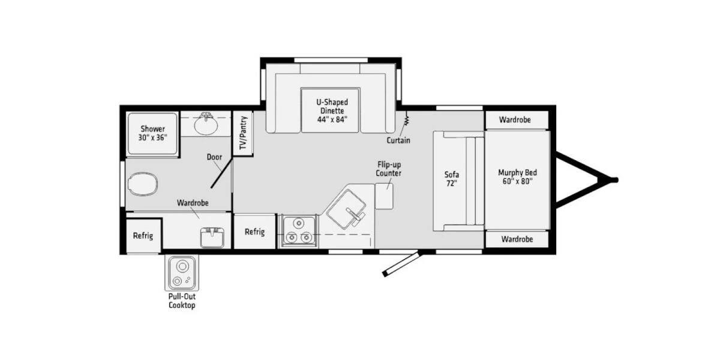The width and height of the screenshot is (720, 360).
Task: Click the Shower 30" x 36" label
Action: click(152, 133)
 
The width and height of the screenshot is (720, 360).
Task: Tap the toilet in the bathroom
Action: click(142, 184)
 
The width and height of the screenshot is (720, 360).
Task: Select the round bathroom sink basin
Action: click(206, 125)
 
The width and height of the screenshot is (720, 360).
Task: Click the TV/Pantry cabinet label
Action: click(244, 133)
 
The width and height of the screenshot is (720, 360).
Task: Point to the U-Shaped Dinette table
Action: click(330, 110)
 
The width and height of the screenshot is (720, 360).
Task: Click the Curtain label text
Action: click(398, 140)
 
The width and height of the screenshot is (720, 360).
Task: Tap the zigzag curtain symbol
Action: click(407, 119)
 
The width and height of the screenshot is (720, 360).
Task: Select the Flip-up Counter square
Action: click(384, 196)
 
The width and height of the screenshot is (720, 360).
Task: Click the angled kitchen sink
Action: click(346, 209)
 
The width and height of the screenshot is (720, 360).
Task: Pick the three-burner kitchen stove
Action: click(299, 231)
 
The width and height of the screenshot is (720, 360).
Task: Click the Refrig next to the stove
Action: click(254, 232)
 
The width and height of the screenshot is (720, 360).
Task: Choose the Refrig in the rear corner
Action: click(143, 236)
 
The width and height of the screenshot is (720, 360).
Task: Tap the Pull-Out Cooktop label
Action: click(182, 301)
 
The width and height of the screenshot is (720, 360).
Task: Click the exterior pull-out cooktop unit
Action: click(182, 273)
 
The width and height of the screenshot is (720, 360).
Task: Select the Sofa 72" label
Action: click(452, 179)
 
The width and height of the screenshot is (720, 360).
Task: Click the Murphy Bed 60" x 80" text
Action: click(517, 177)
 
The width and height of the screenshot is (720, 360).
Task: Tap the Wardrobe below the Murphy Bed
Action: click(517, 239)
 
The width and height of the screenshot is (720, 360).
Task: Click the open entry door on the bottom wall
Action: click(402, 264)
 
